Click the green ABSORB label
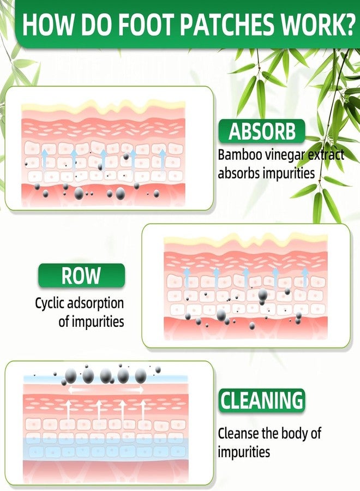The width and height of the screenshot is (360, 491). click(262, 131)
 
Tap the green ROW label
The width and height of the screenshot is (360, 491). click(81, 276)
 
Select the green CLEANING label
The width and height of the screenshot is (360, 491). click(262, 400)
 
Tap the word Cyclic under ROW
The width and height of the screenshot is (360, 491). click(50, 304)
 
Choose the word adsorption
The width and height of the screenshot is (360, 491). click(95, 304)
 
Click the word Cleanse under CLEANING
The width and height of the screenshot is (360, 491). click(238, 433)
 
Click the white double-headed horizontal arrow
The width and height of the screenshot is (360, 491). click(106, 390)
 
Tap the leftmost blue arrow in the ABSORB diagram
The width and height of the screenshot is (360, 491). click(44, 160)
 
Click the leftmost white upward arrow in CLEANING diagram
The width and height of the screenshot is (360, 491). click(69, 410)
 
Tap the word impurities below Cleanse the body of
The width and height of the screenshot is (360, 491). click(244, 452)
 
